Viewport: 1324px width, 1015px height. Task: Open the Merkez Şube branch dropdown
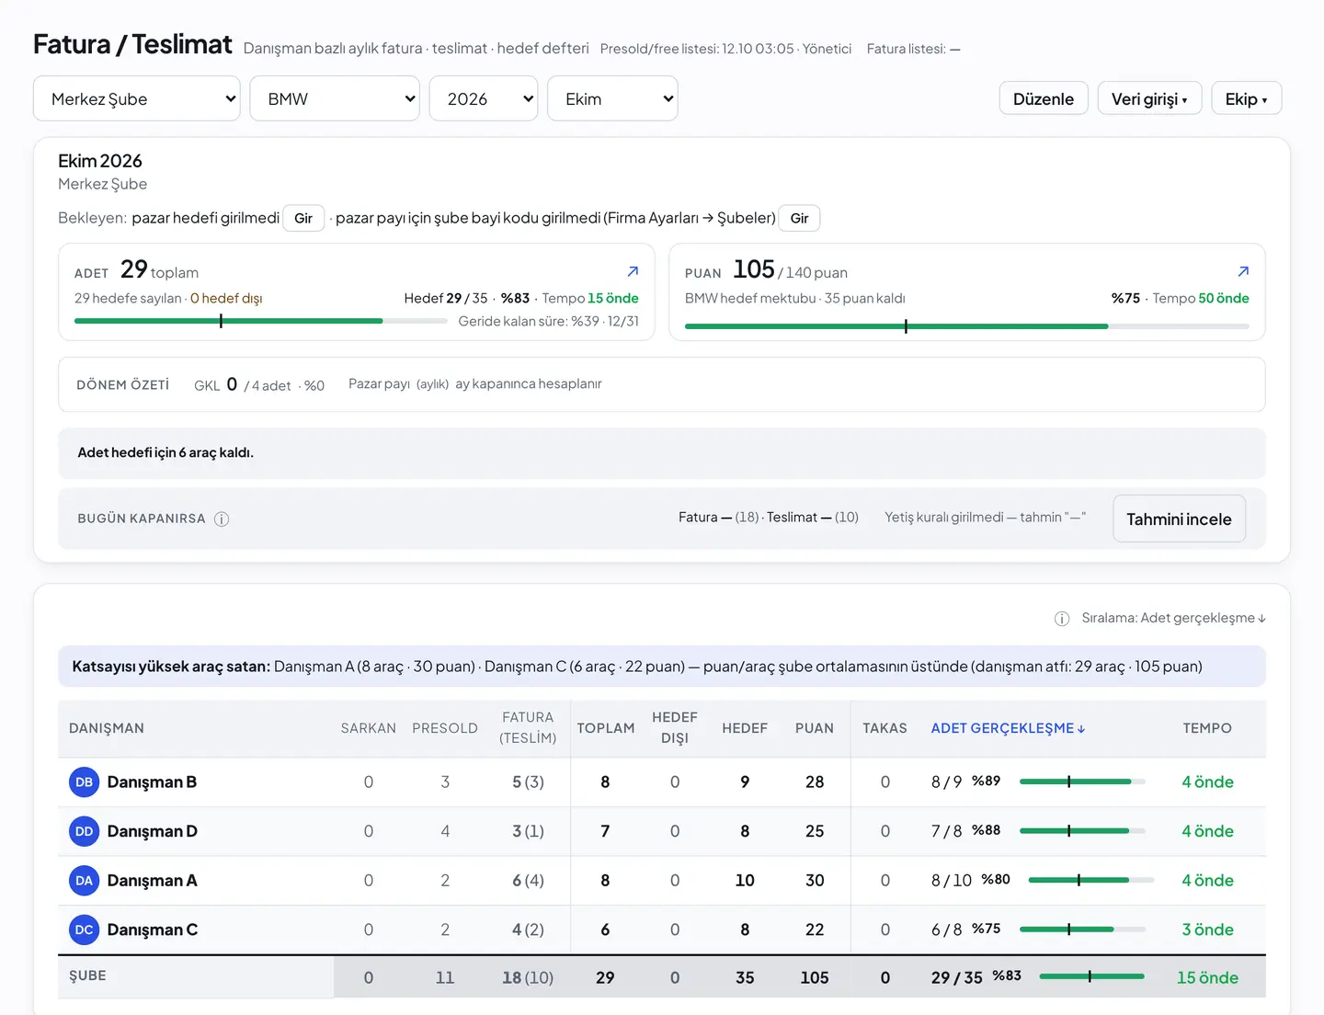click(x=136, y=98)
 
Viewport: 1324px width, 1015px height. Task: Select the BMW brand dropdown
click(x=335, y=98)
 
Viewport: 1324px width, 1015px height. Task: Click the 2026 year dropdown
click(x=484, y=98)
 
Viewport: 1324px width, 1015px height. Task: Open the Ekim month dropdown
click(x=612, y=98)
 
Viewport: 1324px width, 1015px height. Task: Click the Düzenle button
click(x=1044, y=98)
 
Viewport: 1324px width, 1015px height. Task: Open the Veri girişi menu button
click(x=1149, y=98)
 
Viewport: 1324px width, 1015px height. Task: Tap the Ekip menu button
click(x=1246, y=98)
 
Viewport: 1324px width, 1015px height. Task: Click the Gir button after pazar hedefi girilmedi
click(x=302, y=218)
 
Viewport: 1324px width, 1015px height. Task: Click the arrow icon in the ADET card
click(x=633, y=271)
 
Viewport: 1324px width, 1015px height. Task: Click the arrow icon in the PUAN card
click(x=1244, y=271)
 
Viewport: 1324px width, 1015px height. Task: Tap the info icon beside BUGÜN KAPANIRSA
click(x=222, y=519)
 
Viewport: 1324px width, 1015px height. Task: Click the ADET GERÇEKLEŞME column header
click(x=1008, y=728)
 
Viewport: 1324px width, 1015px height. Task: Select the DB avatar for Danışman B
click(x=84, y=781)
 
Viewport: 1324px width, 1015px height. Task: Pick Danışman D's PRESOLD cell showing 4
click(x=445, y=831)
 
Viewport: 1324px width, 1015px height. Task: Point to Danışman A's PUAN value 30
click(x=815, y=881)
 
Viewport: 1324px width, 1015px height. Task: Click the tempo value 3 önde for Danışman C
click(x=1207, y=929)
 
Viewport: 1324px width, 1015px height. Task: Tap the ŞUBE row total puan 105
click(x=815, y=978)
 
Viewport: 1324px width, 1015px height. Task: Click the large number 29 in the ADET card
click(x=133, y=268)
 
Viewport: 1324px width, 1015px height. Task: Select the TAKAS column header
click(x=885, y=728)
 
